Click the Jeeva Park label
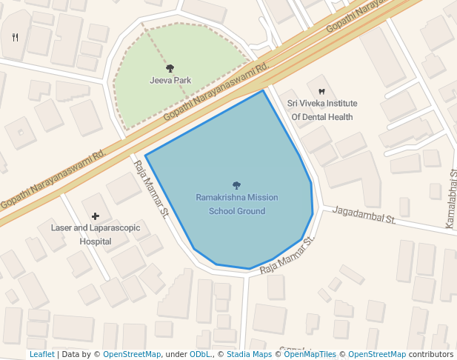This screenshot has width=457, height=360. [x=170, y=80]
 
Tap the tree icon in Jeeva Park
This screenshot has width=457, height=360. [x=170, y=68]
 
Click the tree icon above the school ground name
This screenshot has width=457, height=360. [x=236, y=185]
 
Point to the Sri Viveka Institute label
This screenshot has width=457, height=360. [x=322, y=104]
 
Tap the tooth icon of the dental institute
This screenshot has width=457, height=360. [x=321, y=91]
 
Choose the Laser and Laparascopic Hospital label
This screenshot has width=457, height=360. [x=96, y=234]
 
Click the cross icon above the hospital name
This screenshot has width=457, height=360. [x=96, y=216]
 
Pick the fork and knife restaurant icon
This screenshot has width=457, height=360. [x=16, y=36]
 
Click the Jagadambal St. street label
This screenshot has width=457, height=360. [x=364, y=215]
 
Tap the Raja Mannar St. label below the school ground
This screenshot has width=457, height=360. [x=287, y=256]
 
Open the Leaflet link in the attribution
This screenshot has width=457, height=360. [x=42, y=354]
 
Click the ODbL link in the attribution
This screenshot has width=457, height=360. [x=200, y=354]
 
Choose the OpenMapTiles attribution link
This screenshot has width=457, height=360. [x=310, y=354]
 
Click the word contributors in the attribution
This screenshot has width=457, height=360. [x=431, y=354]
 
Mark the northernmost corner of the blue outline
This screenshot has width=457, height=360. [x=263, y=90]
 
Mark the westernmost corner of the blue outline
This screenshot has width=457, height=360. [x=146, y=156]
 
